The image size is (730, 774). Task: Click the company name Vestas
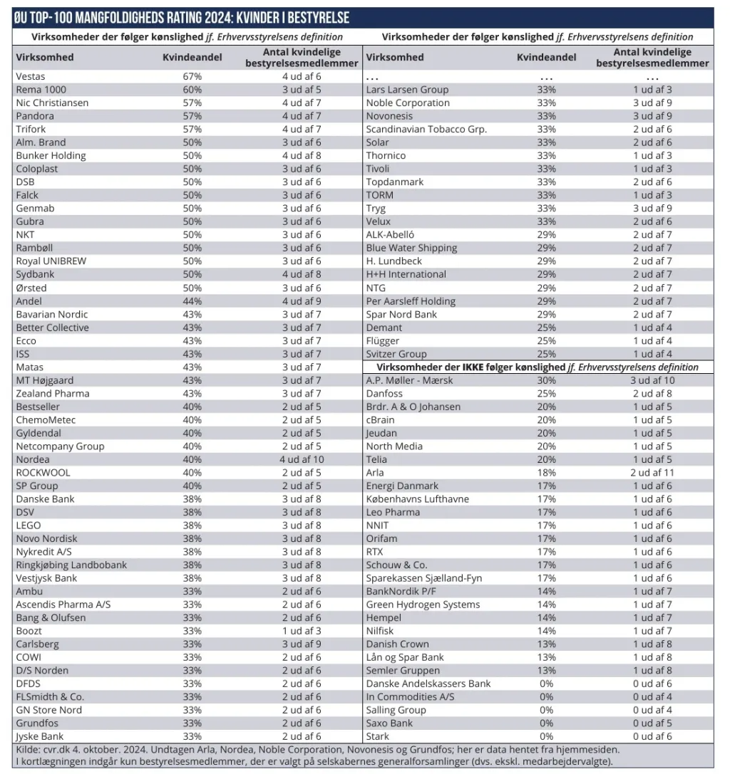tap(31, 76)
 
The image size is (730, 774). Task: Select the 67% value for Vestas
tap(192, 76)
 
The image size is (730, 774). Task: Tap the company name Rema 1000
tap(42, 90)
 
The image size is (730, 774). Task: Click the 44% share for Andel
tap(192, 301)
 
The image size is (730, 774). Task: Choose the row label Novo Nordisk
tap(46, 538)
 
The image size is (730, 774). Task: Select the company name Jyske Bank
tap(41, 736)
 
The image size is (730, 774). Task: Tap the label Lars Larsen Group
tap(407, 90)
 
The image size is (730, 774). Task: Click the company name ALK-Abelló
tap(390, 235)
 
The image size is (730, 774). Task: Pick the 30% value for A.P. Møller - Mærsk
tap(547, 380)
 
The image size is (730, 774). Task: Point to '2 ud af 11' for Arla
tap(652, 473)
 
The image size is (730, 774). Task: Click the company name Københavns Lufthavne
tap(417, 499)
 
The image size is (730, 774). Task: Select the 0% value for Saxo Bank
tap(547, 723)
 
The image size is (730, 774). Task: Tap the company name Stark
tap(378, 736)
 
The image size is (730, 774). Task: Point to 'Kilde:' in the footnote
tap(28, 749)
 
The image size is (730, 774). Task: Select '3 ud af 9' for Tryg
tap(652, 209)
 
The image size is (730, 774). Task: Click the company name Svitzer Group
tap(396, 354)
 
